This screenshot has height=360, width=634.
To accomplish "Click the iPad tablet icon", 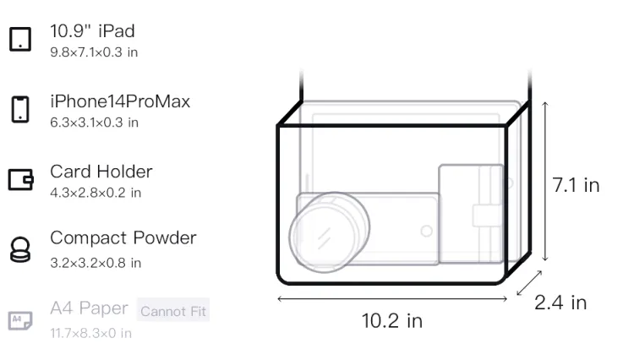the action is pyautogui.click(x=20, y=39).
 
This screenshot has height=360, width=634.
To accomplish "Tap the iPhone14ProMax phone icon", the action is pyautogui.click(x=20, y=109).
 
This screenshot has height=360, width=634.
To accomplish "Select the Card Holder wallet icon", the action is pyautogui.click(x=20, y=179).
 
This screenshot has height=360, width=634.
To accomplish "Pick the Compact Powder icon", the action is pyautogui.click(x=19, y=249).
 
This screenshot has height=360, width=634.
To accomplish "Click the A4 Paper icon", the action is pyautogui.click(x=20, y=320).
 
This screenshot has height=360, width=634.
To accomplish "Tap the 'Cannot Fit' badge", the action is pyautogui.click(x=173, y=310).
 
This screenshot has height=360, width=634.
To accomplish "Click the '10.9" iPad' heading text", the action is pyautogui.click(x=92, y=31).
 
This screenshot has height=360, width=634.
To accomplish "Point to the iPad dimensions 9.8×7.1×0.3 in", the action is pyautogui.click(x=94, y=52).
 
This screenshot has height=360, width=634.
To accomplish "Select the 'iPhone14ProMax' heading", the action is pyautogui.click(x=120, y=101).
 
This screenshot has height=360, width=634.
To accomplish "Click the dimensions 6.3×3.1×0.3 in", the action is pyautogui.click(x=94, y=123).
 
